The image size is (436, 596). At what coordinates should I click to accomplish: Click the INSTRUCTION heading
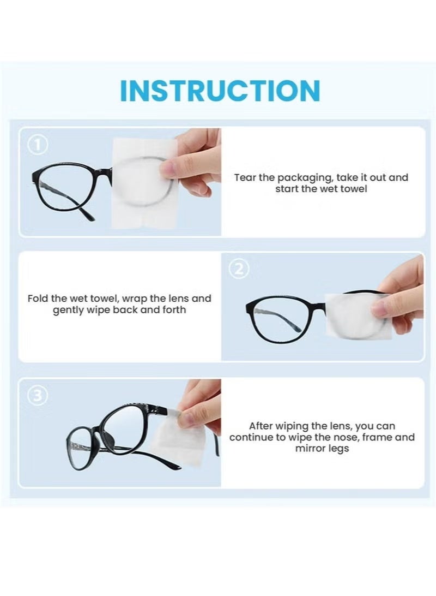click(x=220, y=91)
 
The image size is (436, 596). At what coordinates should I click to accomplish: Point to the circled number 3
click(x=38, y=396)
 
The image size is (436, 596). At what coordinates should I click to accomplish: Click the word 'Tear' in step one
click(x=244, y=177)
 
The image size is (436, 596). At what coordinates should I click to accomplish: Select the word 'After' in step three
click(x=262, y=426)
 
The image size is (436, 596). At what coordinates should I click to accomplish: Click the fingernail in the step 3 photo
click(x=187, y=419)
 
